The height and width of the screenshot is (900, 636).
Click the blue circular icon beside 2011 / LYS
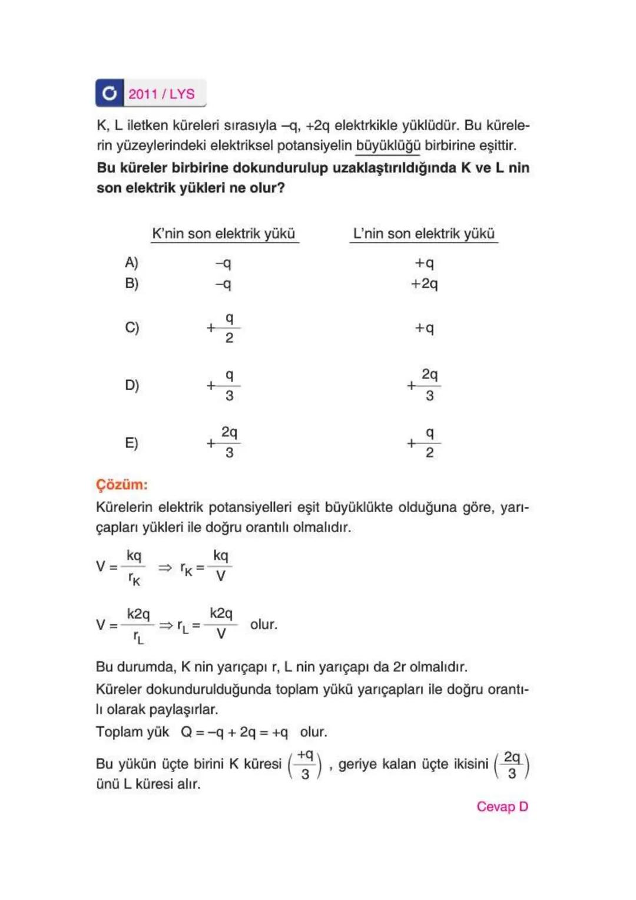click(110, 93)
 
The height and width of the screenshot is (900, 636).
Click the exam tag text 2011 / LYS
click(161, 94)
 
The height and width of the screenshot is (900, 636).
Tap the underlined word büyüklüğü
click(388, 146)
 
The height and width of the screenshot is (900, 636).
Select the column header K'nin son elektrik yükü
click(223, 233)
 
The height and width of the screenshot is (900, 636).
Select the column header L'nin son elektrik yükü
click(423, 233)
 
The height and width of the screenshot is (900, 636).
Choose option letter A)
click(131, 262)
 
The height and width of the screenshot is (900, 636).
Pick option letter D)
click(132, 385)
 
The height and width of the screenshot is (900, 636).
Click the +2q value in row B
click(424, 283)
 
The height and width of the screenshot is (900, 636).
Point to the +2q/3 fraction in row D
click(424, 384)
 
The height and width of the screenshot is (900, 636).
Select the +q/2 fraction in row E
click(424, 443)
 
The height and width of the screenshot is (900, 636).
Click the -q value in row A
click(223, 263)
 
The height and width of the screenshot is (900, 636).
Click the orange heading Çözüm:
click(122, 484)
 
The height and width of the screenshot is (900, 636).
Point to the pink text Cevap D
click(502, 806)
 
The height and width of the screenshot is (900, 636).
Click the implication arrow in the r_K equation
click(165, 567)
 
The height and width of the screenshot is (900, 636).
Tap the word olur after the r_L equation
click(263, 624)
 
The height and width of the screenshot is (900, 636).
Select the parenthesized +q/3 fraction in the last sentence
click(304, 764)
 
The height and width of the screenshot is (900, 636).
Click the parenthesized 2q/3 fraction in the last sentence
click(511, 764)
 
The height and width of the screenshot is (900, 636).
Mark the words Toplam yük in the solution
click(132, 732)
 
